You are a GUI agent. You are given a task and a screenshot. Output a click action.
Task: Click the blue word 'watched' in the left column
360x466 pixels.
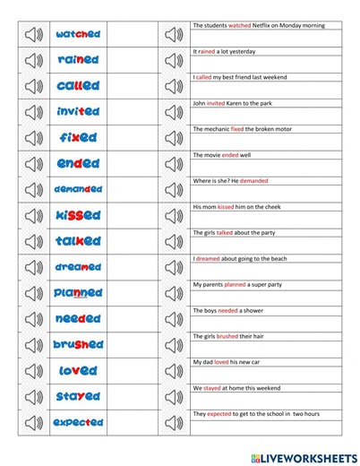[78, 35]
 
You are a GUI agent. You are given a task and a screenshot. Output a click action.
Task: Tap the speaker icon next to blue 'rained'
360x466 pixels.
[32, 61]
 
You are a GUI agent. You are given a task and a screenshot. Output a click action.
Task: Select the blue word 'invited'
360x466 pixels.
[78, 113]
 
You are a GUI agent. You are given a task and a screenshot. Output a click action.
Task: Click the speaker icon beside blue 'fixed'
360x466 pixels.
[32, 139]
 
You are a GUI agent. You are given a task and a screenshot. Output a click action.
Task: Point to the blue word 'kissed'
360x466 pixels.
[78, 216]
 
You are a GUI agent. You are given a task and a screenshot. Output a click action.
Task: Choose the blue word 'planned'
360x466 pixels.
[78, 293]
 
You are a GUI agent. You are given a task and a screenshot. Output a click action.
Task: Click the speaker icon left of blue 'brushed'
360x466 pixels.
[32, 345]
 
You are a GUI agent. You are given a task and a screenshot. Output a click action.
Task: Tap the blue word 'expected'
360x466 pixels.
[78, 422]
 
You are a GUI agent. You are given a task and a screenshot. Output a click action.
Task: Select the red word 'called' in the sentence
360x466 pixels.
[205, 77]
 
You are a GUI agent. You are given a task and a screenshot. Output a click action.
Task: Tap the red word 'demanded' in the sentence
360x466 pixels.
[253, 181]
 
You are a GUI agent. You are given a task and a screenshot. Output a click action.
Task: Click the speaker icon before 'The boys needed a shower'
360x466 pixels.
[172, 319]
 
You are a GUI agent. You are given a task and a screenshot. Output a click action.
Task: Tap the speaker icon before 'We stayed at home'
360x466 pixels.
[172, 396]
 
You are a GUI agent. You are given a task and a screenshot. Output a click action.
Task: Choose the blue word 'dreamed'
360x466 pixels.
[78, 267]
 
